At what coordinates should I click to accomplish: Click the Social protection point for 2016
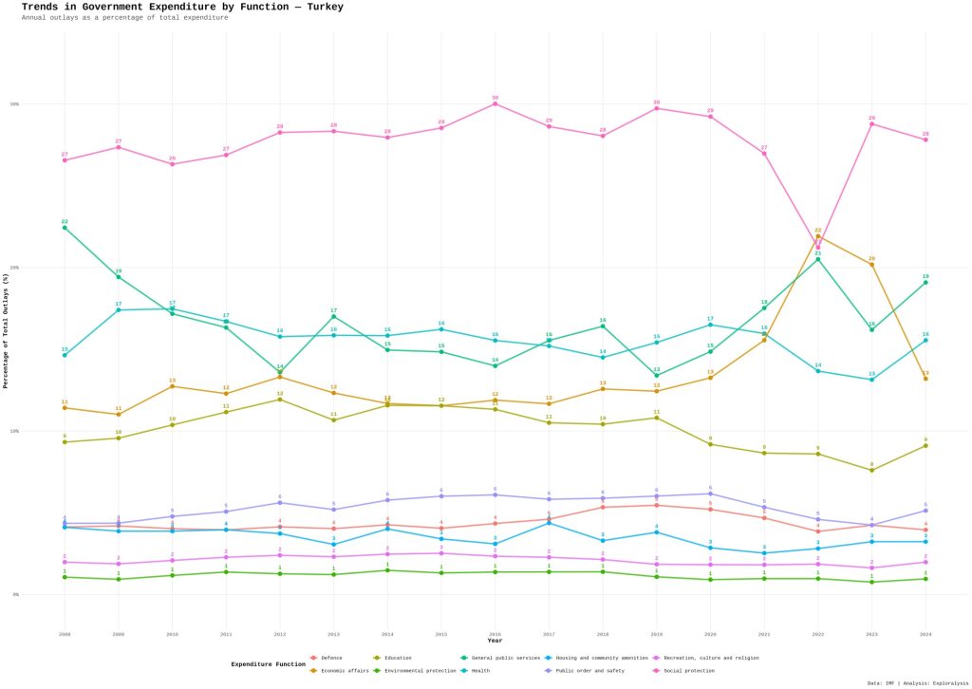(x=495, y=103)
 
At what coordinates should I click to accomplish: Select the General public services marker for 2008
(x=65, y=228)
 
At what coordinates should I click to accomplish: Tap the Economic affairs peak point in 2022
(x=818, y=236)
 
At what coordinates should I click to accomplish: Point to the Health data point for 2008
(x=65, y=355)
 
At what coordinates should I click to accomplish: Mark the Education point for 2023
(x=871, y=470)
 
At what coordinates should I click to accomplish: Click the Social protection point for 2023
(x=871, y=124)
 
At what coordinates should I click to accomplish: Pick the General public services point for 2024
(x=925, y=283)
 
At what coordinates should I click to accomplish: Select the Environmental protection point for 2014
(x=387, y=570)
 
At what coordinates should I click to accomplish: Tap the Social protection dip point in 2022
(x=818, y=248)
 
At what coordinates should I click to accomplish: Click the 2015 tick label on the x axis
(x=441, y=633)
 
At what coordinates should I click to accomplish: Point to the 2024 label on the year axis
(x=925, y=633)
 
